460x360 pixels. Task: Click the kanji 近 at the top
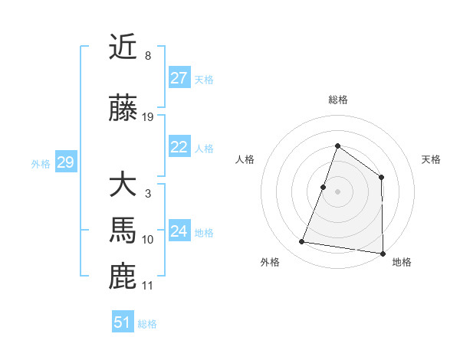[x=123, y=47]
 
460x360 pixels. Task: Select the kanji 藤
[x=123, y=109]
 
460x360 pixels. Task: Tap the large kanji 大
[x=123, y=185]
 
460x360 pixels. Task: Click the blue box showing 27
[x=179, y=78]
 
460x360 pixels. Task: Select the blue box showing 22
[x=179, y=147]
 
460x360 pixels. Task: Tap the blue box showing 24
[x=179, y=231]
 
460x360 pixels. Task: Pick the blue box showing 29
[x=65, y=162]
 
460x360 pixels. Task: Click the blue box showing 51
[x=123, y=322]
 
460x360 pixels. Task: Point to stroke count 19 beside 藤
[x=148, y=117]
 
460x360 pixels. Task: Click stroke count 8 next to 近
[x=148, y=56]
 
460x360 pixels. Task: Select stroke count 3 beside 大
[x=148, y=194]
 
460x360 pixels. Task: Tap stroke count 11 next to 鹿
[x=148, y=286]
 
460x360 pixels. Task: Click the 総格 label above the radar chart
[x=337, y=100]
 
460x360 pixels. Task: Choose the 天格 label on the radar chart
[x=432, y=159]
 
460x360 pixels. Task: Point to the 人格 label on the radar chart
[x=245, y=159]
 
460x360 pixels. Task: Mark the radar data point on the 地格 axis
[x=383, y=253]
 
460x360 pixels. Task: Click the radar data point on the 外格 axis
[x=302, y=242]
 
